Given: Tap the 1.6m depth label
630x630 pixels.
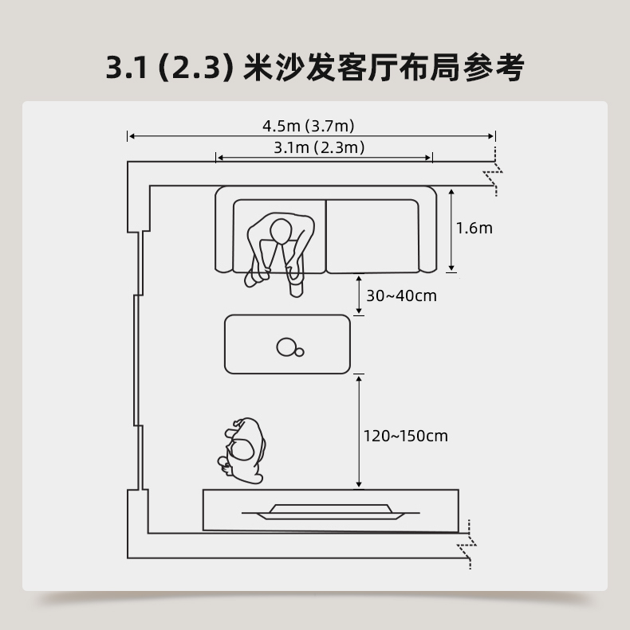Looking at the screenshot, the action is [474, 228].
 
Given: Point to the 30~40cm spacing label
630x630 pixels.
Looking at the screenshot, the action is [401, 296].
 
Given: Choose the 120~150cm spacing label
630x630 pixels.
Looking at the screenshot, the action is [405, 436].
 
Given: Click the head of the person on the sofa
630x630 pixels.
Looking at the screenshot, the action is [280, 232].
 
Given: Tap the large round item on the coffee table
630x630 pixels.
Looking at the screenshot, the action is [285, 346].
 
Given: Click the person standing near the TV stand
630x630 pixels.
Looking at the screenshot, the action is [244, 450].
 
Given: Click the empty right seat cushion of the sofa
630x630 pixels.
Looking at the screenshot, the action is [372, 236].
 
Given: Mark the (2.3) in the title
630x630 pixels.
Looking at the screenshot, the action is [195, 68].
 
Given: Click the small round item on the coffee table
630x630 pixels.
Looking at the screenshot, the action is [299, 352].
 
